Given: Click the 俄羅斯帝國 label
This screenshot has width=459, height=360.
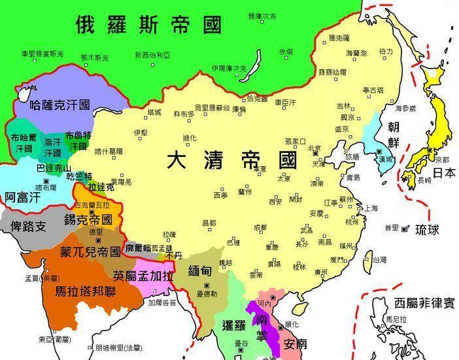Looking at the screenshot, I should (149, 25).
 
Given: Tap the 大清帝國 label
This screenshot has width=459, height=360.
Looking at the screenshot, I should (232, 160).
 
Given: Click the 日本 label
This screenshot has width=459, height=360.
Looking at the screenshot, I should (445, 173).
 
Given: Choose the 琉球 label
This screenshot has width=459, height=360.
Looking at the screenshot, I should (429, 229).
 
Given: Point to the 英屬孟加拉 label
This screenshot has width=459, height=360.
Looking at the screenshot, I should (143, 275).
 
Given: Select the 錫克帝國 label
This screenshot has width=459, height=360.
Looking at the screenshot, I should (88, 220).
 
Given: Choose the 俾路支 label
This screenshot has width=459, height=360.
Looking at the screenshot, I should (25, 227).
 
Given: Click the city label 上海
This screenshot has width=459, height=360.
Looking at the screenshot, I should (371, 208).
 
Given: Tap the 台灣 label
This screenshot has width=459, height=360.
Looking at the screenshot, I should (379, 259).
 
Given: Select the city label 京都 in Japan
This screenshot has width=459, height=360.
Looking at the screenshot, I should (442, 159).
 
